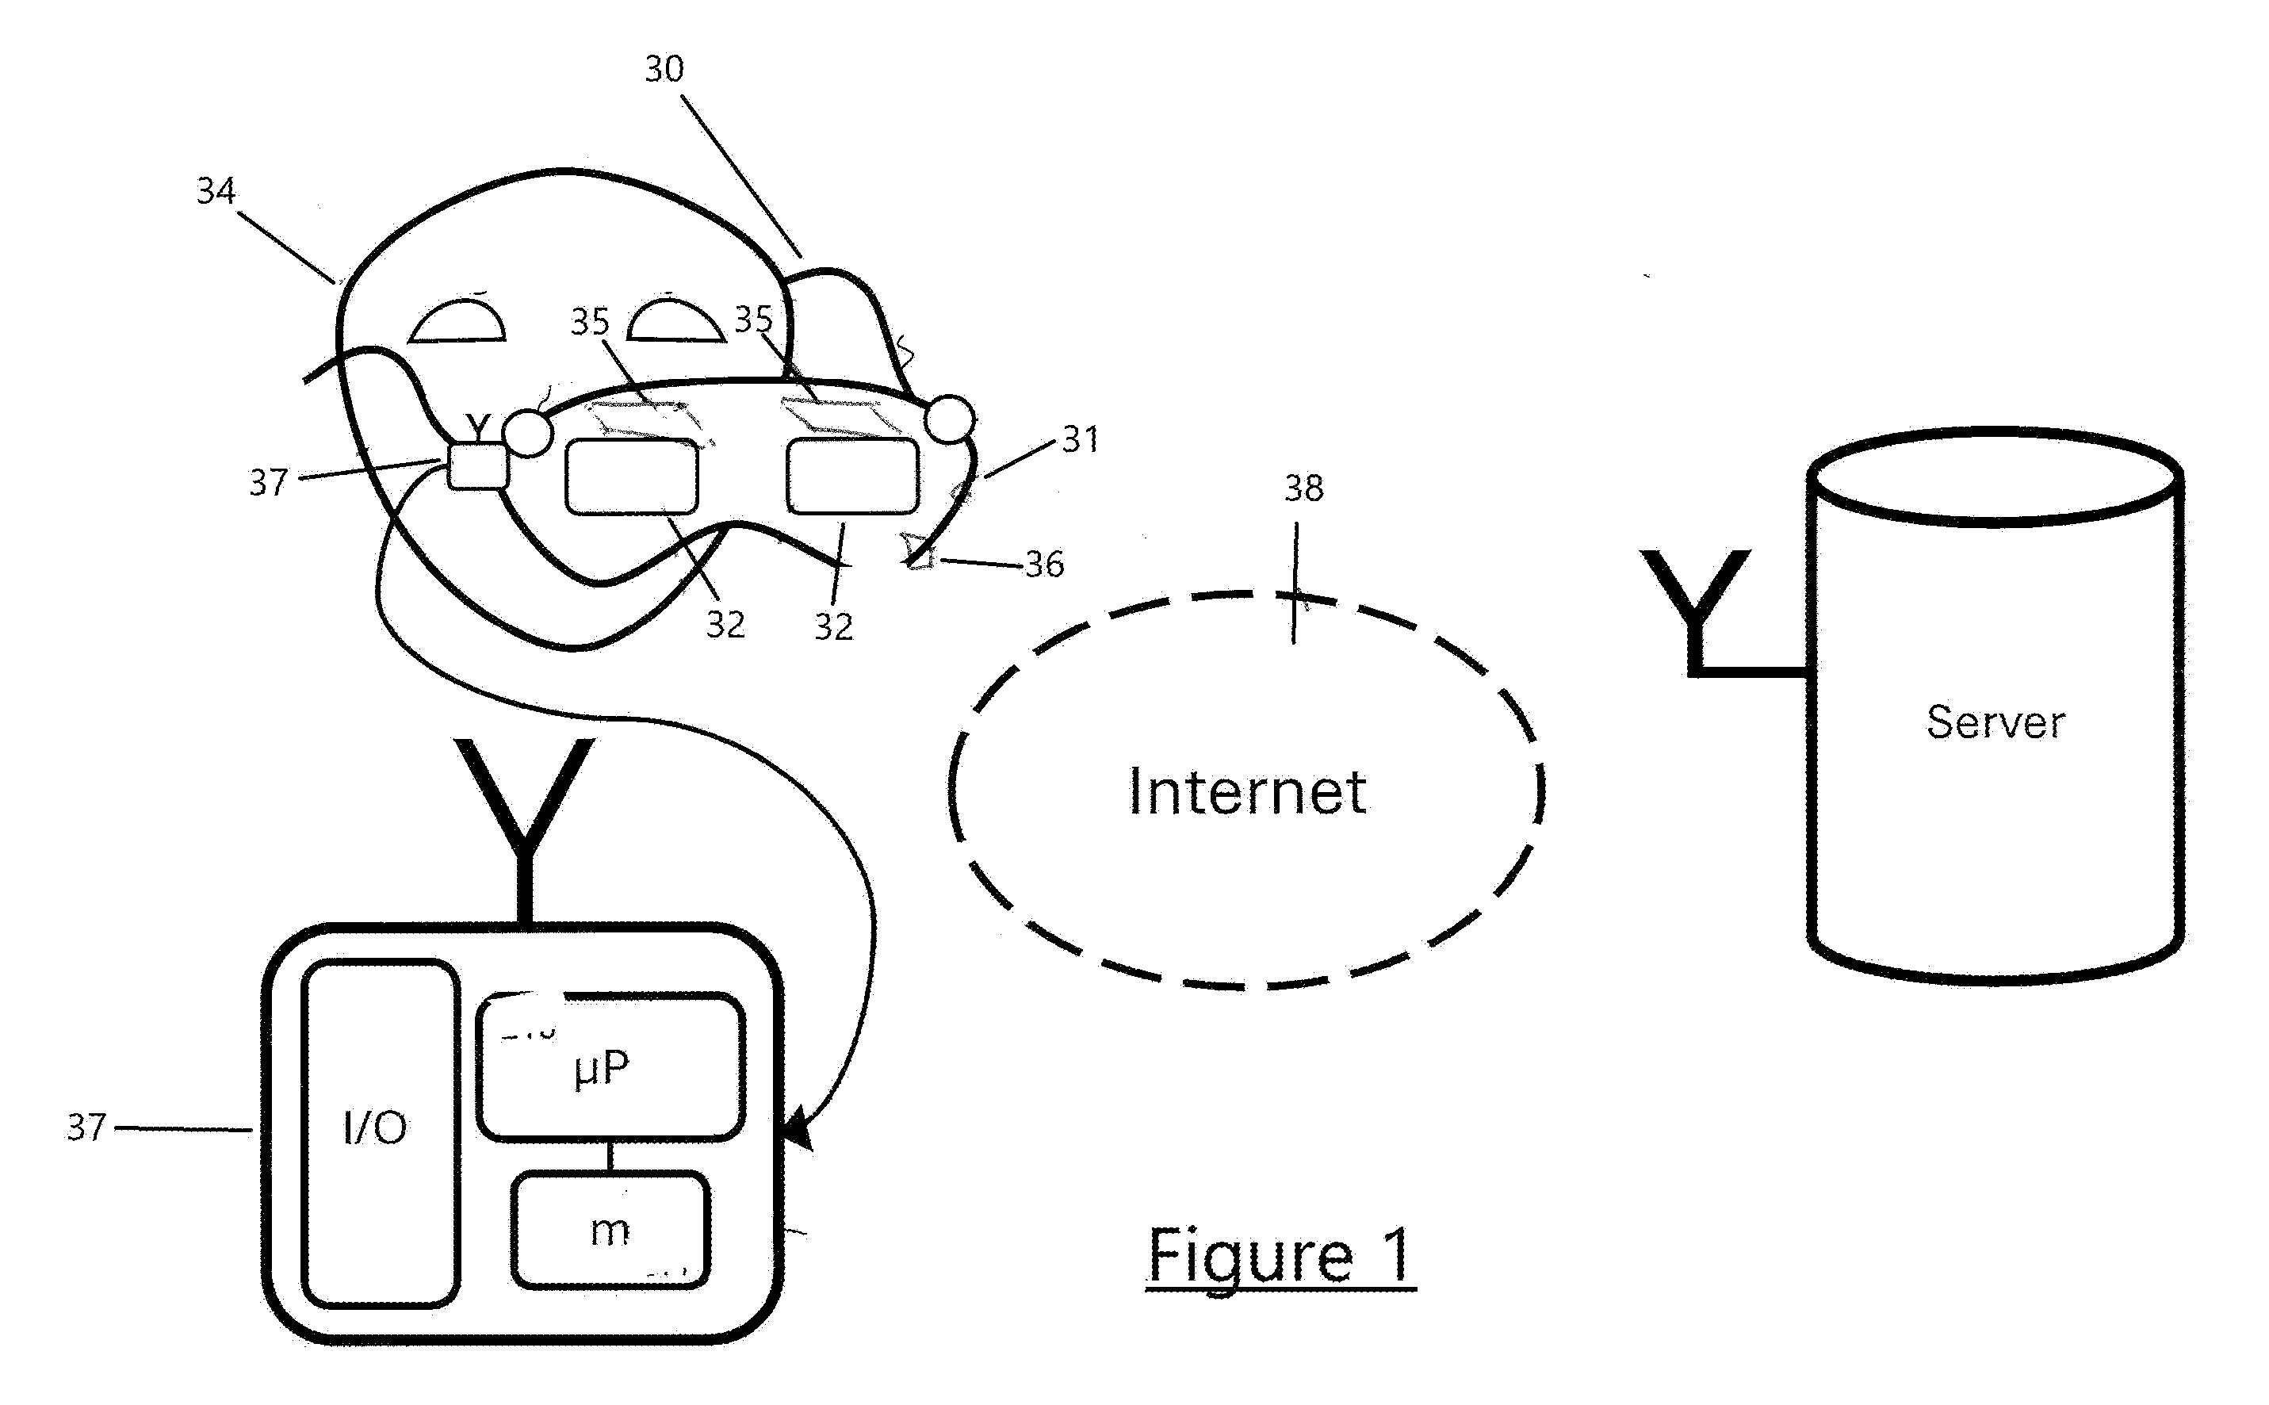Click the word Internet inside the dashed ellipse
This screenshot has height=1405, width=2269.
[1246, 792]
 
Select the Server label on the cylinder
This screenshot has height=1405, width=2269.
[1995, 722]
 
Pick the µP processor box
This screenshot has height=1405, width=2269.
[610, 1066]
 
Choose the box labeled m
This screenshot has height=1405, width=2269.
[610, 1229]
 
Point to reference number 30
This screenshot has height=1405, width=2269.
[664, 69]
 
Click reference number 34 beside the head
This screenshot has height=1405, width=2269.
[216, 190]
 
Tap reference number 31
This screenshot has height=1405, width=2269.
[1081, 439]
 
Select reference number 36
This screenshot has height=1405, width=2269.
[1044, 564]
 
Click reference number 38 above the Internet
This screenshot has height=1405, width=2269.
[1303, 488]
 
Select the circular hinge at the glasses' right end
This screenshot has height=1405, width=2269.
[949, 419]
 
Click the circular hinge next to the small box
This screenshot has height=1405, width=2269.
[528, 433]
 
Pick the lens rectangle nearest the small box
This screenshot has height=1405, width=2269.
[632, 476]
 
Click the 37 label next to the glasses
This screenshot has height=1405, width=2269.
[269, 482]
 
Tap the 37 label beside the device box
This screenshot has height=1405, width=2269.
[86, 1127]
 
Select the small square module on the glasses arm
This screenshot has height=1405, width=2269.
[477, 465]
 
